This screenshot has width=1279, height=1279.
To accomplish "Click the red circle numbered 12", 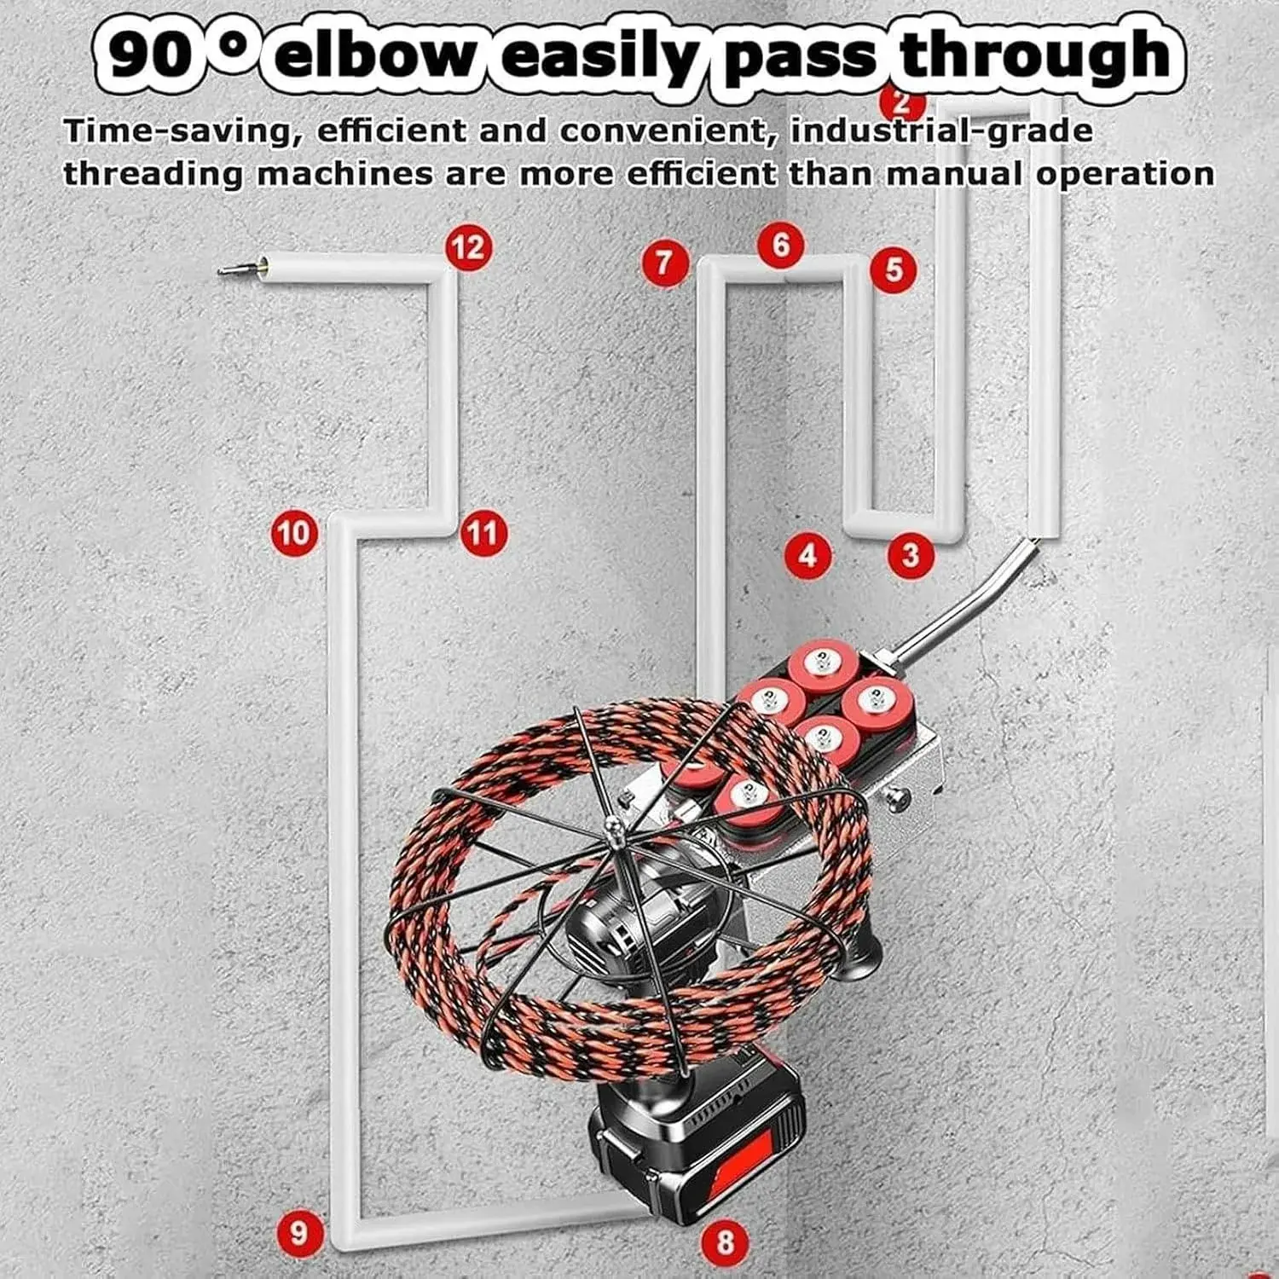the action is click(x=468, y=248).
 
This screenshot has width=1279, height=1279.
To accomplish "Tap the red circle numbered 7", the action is click(x=665, y=262).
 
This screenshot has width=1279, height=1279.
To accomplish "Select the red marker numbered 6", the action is click(x=781, y=246).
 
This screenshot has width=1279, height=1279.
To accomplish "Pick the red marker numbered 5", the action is click(x=893, y=269).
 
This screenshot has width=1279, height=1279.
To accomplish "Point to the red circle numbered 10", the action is click(x=293, y=533).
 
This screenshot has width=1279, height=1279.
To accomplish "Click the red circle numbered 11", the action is click(x=483, y=533).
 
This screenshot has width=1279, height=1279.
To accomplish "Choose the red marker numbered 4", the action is click(x=807, y=555).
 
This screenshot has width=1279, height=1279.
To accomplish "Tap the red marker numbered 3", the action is click(x=910, y=555).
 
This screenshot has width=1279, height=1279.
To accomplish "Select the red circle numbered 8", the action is click(x=726, y=1241).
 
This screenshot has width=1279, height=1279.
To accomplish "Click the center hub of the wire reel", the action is click(x=611, y=825).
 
